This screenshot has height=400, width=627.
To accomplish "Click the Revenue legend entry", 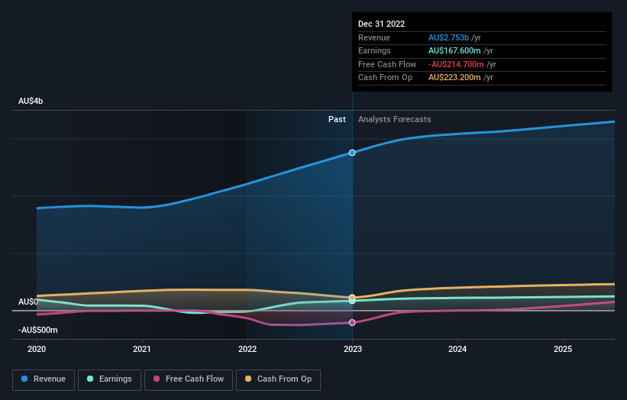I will point(44,379).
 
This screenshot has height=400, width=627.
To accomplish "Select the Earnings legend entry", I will point(110,379).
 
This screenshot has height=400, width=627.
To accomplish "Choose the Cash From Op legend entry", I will point(278,379).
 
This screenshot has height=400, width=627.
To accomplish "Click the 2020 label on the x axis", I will point(37,349).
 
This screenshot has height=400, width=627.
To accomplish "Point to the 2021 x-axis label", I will point(142,349).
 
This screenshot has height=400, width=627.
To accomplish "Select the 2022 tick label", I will point(247,349).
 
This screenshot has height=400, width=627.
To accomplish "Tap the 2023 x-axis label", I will point(353,349).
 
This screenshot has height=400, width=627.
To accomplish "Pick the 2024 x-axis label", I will point(457,349).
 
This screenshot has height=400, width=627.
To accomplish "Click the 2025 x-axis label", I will point(563,349).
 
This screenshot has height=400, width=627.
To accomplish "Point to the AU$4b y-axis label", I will point(31,102).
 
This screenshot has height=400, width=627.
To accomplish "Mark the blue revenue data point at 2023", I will point(352,153).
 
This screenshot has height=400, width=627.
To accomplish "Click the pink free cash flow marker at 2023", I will point(352,322).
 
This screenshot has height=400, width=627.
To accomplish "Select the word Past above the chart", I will point(337,119).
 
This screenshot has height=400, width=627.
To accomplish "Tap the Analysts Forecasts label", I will point(394,119).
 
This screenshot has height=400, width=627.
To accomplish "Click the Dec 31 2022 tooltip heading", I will point(382,24).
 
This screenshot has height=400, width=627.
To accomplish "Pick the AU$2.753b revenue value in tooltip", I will point(448,37).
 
